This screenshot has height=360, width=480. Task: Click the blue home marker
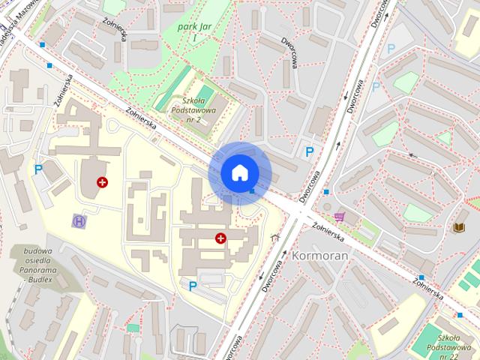click(x=239, y=172)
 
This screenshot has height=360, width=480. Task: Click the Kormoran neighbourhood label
click(x=320, y=256)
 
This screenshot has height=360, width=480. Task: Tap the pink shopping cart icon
click(x=339, y=217)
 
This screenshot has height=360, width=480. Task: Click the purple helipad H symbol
click(x=79, y=220)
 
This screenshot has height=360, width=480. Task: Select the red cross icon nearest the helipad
click(x=102, y=182)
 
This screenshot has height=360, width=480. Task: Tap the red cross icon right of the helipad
click(x=220, y=238)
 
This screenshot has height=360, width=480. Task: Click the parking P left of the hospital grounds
click(x=38, y=169)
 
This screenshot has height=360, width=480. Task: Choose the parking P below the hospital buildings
click(x=193, y=286)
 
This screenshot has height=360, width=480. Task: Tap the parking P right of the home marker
click(x=309, y=151)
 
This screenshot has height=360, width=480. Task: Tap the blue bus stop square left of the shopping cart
click(x=325, y=192)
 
